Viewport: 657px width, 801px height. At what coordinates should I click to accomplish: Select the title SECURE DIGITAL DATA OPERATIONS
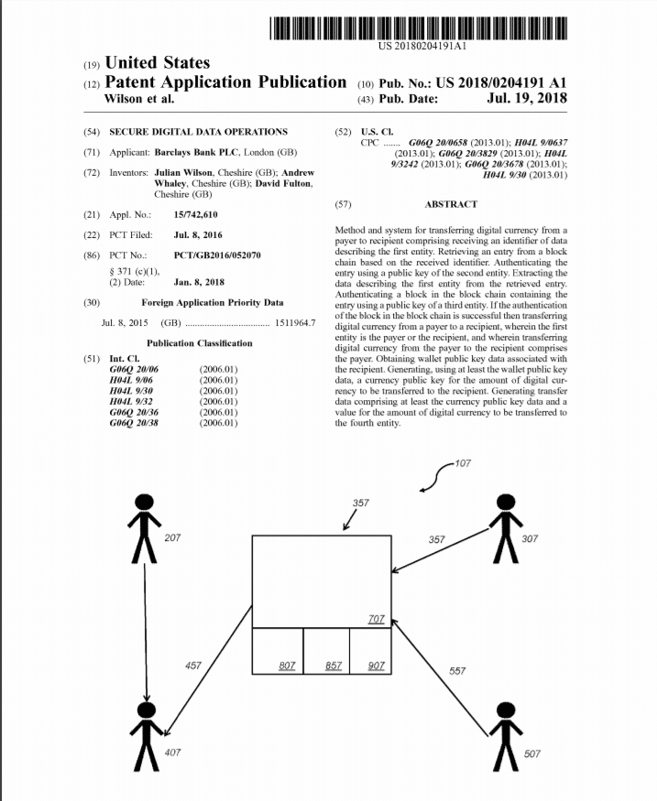[198, 132]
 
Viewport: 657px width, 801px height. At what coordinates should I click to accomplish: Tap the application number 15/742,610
[195, 214]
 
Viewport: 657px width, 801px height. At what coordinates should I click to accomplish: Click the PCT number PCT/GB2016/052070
[216, 255]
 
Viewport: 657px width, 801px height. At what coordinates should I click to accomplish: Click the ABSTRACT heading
[451, 204]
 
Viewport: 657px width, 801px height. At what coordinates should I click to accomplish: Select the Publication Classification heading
[199, 343]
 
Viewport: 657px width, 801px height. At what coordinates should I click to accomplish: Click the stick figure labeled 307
[504, 528]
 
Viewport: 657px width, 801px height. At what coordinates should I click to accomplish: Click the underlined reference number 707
[376, 620]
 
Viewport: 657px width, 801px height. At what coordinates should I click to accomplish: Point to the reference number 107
[462, 461]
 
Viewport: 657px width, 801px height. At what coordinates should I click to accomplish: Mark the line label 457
[193, 666]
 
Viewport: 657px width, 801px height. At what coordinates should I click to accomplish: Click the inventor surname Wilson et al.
[139, 99]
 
